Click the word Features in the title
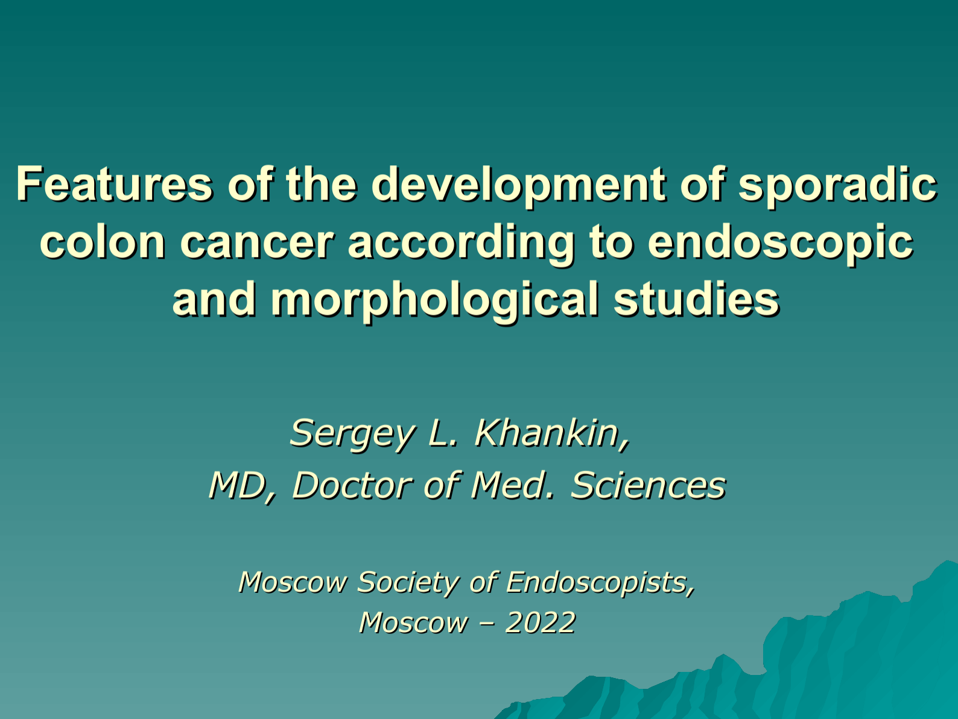tap(115, 184)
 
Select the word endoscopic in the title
tap(781, 244)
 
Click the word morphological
tap(435, 302)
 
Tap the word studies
tap(697, 299)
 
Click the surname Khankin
tap(553, 433)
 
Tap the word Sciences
tap(649, 485)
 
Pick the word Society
tap(407, 583)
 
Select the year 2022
tap(541, 622)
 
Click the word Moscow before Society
tap(293, 583)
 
